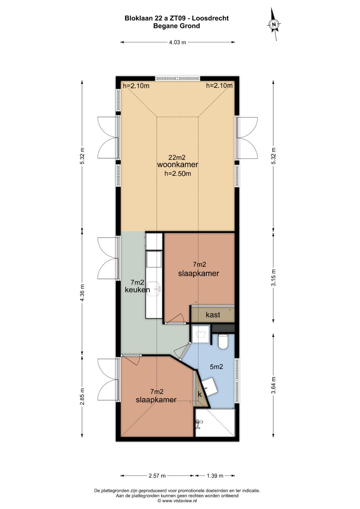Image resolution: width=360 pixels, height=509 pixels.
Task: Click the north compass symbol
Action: pos(274,24)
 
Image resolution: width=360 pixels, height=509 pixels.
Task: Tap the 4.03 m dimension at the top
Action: pos(177,42)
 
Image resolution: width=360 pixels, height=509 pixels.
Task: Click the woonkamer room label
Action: pos(177,165)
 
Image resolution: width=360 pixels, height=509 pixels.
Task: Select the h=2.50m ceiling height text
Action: pos(177,174)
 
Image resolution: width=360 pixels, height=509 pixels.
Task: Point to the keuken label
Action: pos(137,290)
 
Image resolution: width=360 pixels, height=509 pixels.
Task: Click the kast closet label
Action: pos(213,315)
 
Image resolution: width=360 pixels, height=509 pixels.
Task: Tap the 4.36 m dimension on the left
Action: pos(82,293)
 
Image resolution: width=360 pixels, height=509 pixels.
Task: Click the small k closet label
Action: pos(200,394)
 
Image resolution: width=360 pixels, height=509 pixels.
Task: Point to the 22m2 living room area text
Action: pos(177,157)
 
